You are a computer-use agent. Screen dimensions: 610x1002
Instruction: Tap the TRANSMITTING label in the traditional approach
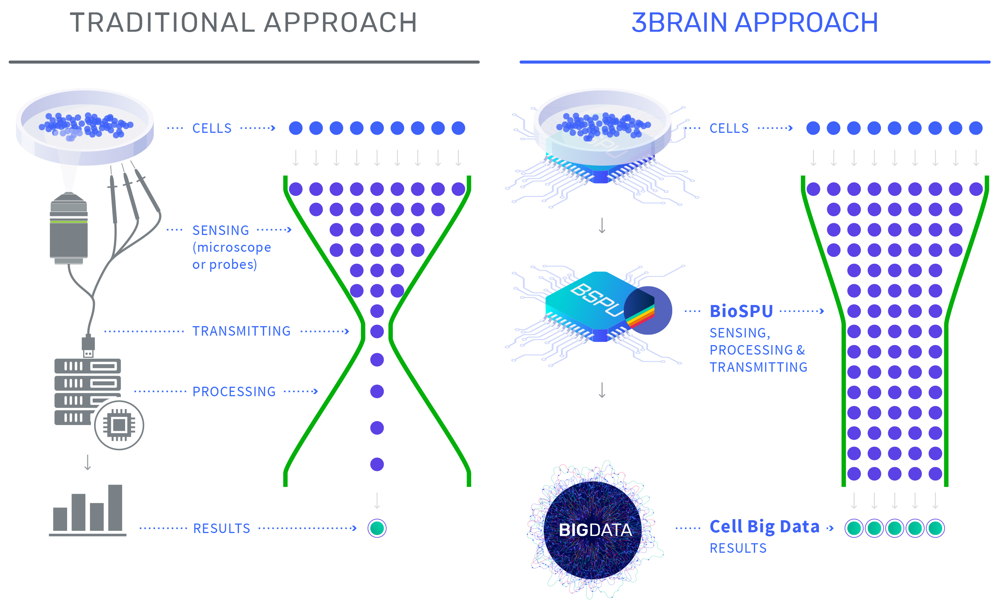coord(241,331)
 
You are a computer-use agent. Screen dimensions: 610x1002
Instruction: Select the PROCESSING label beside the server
coord(234,391)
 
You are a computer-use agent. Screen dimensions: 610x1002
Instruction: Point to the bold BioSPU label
coord(741,311)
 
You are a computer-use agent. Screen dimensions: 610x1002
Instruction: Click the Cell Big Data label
coord(765,526)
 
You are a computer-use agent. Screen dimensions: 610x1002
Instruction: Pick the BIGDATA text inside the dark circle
coord(595,530)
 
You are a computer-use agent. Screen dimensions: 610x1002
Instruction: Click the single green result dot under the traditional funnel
coord(377,528)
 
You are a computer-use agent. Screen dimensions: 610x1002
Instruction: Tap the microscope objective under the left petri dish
coord(69,230)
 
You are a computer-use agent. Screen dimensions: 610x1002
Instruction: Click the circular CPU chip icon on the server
coord(119,425)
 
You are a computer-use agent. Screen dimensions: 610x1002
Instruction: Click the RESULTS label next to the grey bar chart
coord(222,528)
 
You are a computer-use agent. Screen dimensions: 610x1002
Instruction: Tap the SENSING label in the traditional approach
coord(221,230)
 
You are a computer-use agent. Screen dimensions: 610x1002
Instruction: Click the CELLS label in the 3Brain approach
coord(729,128)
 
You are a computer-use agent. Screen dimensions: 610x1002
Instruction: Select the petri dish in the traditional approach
coord(85,126)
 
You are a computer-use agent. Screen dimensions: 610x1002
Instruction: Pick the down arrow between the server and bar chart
coord(88,462)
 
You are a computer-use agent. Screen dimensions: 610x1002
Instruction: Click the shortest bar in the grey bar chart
coord(60,519)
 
